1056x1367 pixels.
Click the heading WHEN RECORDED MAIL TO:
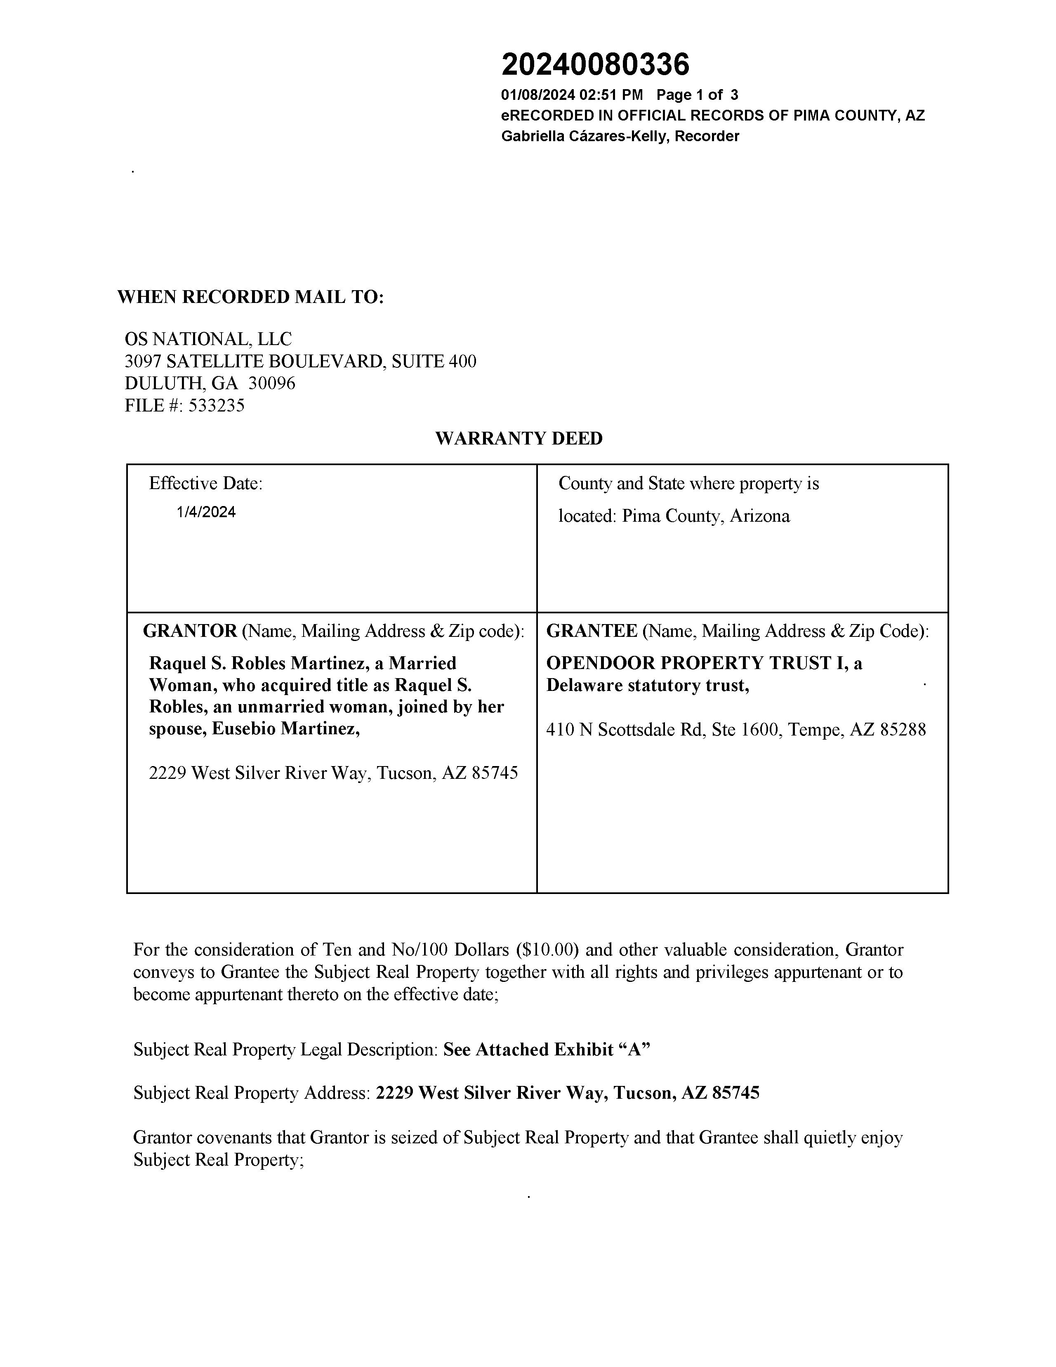(250, 297)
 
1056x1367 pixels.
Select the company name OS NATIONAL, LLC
(208, 339)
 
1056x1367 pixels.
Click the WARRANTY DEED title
(519, 438)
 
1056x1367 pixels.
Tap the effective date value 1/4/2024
(206, 512)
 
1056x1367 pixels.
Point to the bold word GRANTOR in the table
(190, 631)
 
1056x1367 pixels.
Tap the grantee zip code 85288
(903, 730)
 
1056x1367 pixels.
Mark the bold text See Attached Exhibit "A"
(547, 1050)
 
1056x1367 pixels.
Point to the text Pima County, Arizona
(706, 516)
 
